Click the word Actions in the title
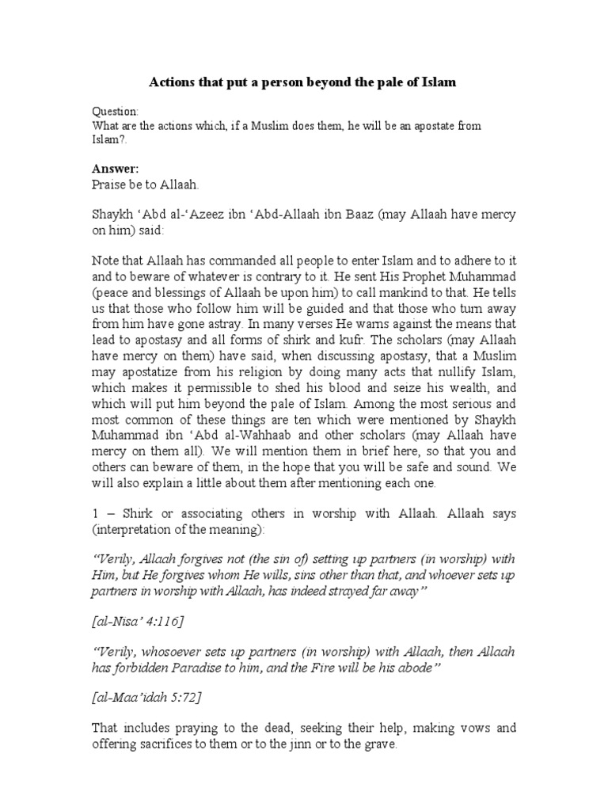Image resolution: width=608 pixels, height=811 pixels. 173,82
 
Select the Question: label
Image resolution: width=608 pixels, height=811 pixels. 116,112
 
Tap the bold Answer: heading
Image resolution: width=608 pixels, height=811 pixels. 116,168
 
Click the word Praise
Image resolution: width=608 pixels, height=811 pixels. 111,185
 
